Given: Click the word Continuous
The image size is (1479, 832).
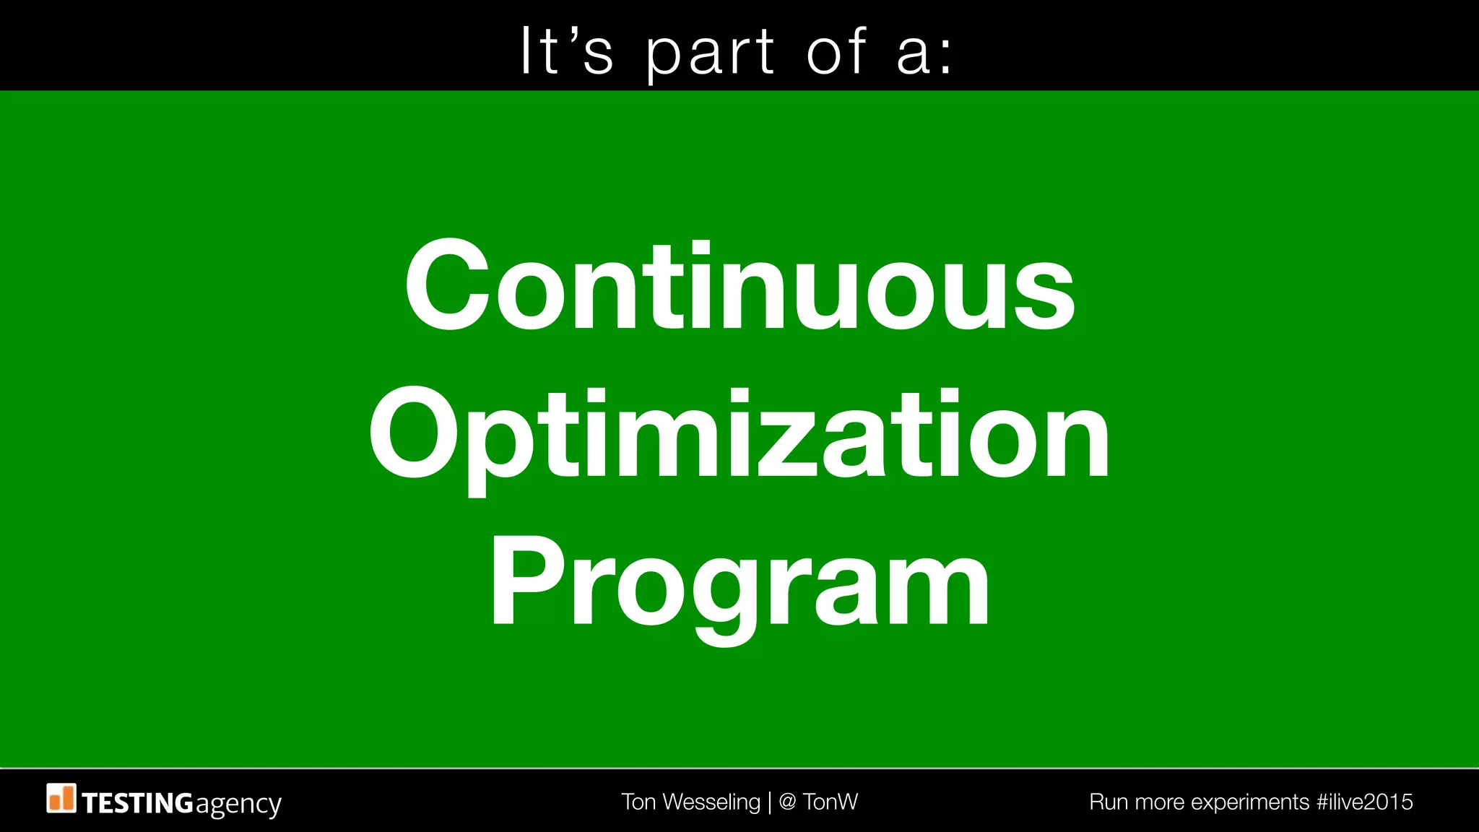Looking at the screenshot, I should [739, 285].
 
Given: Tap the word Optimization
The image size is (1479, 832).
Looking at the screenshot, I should [739, 435].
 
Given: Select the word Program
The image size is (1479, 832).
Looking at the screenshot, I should [739, 585].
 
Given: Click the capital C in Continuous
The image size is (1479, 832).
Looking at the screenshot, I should [443, 285].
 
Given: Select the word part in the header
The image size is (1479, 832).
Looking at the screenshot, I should [710, 54].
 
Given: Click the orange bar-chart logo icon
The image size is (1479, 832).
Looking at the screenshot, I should [61, 798].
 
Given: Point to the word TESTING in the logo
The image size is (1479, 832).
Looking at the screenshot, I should [137, 803].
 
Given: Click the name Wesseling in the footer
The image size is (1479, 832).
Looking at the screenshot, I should [711, 802].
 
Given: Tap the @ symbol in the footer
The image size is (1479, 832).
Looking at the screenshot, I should [788, 802].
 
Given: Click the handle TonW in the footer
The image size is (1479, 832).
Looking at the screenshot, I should [830, 802].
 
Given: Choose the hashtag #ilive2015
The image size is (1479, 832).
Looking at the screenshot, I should [1364, 802].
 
